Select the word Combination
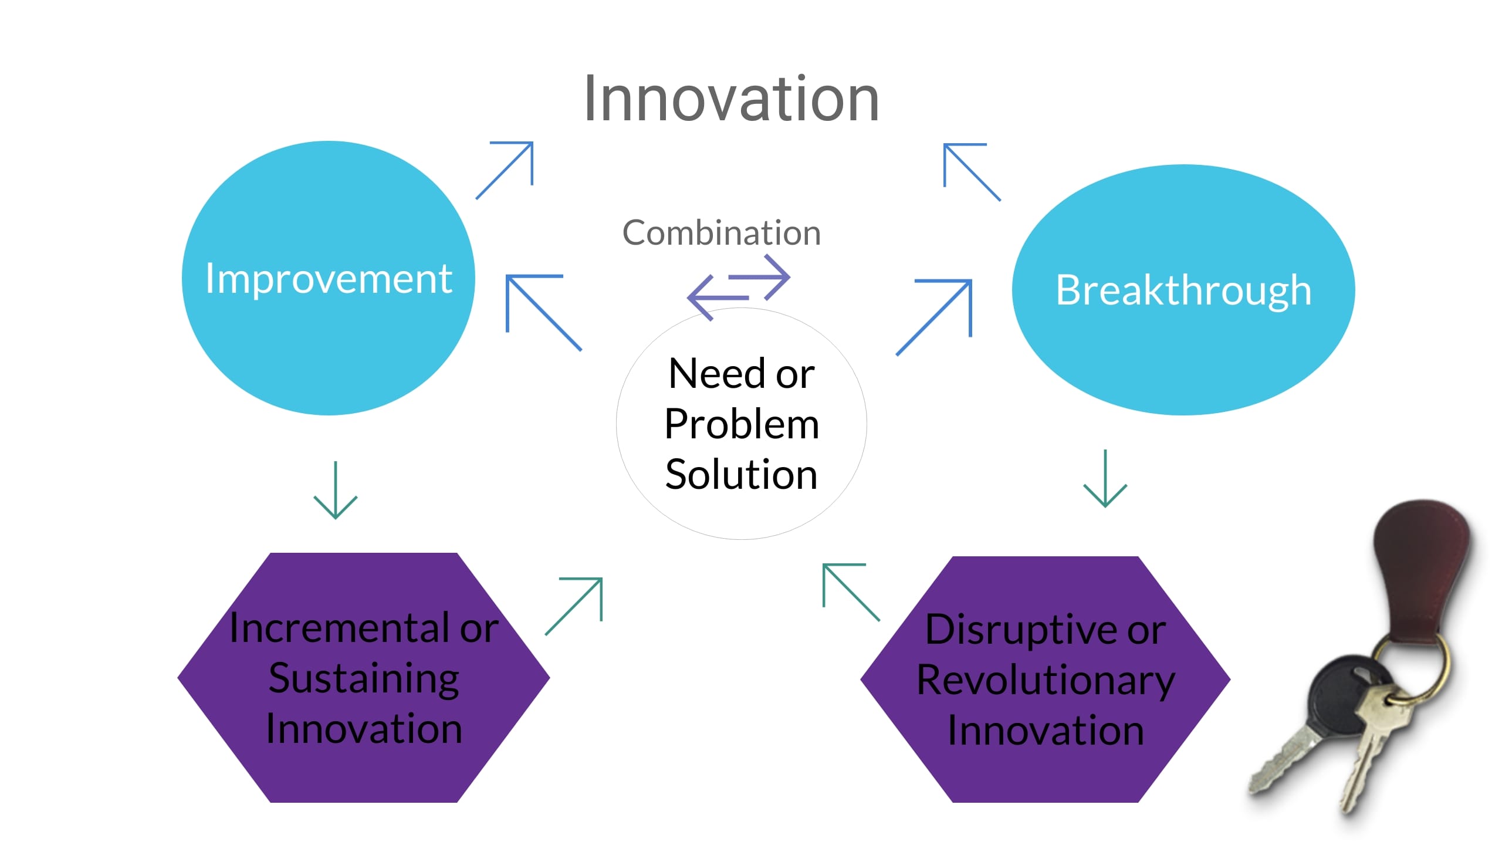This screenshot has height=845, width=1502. point(721,233)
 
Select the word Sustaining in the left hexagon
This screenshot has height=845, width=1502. point(364,678)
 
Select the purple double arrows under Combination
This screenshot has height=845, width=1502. point(739,287)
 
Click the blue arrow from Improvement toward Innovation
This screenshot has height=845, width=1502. point(505,170)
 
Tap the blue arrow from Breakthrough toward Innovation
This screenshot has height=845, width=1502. point(971,171)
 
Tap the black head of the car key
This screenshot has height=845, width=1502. point(1344,698)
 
